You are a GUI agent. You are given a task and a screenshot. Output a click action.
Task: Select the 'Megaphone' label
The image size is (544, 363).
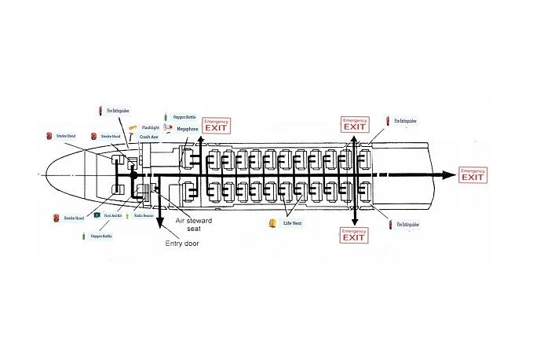pos(188,128)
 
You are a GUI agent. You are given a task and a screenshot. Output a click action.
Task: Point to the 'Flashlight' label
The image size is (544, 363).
pos(151,127)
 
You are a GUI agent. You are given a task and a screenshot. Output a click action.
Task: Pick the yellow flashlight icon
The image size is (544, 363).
pos(133,127)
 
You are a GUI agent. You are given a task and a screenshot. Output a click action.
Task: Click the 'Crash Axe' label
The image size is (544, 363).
pos(150,137)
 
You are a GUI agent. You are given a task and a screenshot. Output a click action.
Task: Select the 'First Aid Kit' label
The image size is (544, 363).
pos(112,214)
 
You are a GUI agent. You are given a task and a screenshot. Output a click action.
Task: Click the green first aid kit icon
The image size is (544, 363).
pos(96,214)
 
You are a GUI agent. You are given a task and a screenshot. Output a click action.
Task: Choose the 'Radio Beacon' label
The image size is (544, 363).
pos(144,214)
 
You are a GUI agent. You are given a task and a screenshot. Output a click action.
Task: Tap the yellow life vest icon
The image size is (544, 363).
pos(273,224)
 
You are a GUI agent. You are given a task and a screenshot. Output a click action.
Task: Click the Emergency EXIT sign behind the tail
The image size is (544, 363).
pos(473,175)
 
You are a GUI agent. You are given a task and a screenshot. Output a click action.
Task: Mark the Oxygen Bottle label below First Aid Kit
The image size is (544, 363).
pos(102,235)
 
